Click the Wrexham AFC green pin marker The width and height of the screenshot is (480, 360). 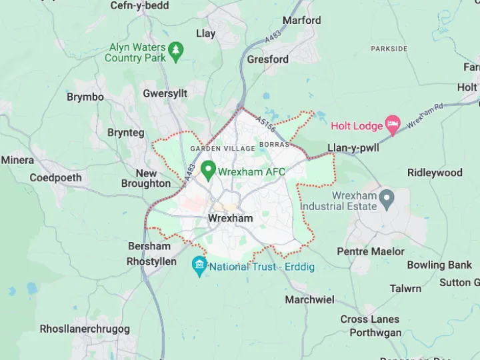click(208, 171)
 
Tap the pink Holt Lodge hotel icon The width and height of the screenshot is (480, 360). click(393, 125)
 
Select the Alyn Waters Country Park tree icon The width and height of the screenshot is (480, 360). click(176, 50)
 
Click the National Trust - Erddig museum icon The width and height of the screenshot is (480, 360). click(199, 266)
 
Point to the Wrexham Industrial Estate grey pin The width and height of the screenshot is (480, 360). click(386, 198)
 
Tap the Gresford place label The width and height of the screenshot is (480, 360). click(268, 59)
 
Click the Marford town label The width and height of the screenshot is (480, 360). click(301, 21)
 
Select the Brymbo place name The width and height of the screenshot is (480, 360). click(85, 97)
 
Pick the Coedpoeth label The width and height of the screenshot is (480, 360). click(55, 178)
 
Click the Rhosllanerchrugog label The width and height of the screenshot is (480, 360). click(85, 329)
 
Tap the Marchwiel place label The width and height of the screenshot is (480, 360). click(309, 299)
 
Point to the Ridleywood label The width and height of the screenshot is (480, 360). click(435, 173)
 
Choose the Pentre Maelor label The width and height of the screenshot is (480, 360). click(371, 251)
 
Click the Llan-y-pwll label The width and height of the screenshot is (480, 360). click(353, 148)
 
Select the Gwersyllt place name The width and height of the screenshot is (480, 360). click(165, 94)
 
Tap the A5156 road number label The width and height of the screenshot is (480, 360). click(265, 125)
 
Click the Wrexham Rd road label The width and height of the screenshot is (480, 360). click(425, 116)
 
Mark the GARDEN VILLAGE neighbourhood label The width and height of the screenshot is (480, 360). click(222, 149)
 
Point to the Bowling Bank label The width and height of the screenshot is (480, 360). click(439, 265)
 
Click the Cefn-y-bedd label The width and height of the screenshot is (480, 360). click(139, 6)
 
